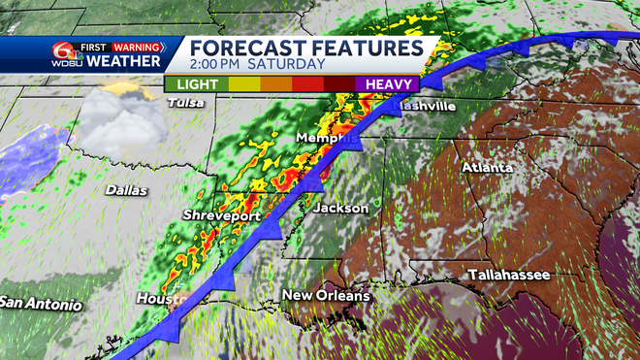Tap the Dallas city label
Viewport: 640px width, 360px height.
click(126, 190)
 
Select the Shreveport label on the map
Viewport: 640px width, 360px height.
click(222, 215)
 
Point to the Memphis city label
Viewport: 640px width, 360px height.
click(323, 138)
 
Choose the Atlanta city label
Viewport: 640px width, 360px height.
click(487, 167)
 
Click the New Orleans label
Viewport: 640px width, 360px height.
click(326, 295)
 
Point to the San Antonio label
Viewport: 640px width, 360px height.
click(41, 303)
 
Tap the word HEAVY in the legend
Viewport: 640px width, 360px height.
click(387, 83)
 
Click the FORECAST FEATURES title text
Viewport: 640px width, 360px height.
click(306, 47)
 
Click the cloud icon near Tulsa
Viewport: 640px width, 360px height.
click(118, 118)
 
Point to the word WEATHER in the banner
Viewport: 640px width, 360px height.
click(124, 62)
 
